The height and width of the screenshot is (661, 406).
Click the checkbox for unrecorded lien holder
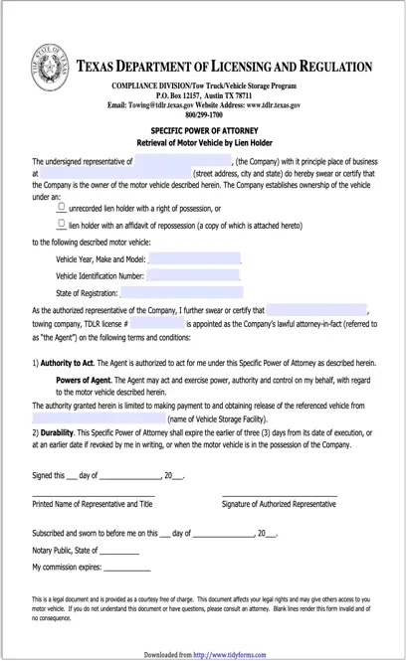(x=62, y=207)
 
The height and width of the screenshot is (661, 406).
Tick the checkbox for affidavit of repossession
(x=62, y=225)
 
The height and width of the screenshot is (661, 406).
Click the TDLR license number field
(x=157, y=324)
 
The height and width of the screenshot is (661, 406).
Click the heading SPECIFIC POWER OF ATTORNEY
(x=205, y=130)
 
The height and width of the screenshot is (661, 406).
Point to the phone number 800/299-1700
(x=204, y=113)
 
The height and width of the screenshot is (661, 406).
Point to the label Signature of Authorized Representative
(x=280, y=504)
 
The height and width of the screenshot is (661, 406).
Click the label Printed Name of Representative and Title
(x=92, y=504)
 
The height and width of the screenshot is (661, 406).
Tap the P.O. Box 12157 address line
(x=204, y=94)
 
